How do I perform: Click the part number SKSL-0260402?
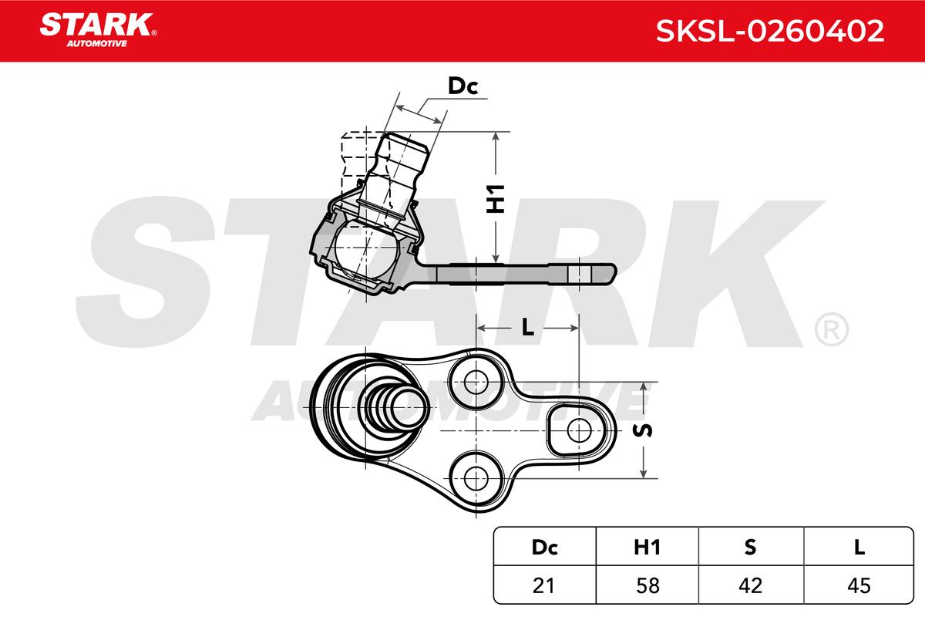[770, 31]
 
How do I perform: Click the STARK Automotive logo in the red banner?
[99, 30]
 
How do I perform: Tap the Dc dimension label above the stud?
[463, 86]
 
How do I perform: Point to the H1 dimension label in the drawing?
[496, 199]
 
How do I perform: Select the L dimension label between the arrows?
[528, 327]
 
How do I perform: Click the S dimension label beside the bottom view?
[643, 430]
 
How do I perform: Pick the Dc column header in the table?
[545, 548]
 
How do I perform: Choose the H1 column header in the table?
[647, 548]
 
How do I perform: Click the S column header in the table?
[750, 548]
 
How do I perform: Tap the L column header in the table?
[859, 548]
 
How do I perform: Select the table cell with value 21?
[545, 585]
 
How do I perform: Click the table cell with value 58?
[647, 585]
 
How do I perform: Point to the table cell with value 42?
[751, 585]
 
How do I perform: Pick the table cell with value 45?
[859, 585]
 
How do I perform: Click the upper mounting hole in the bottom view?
[476, 383]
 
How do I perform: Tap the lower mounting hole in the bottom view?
[476, 478]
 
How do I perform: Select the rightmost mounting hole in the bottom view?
[579, 430]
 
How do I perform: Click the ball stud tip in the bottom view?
[409, 408]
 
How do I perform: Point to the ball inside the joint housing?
[365, 249]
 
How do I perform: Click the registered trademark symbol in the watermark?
[831, 330]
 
